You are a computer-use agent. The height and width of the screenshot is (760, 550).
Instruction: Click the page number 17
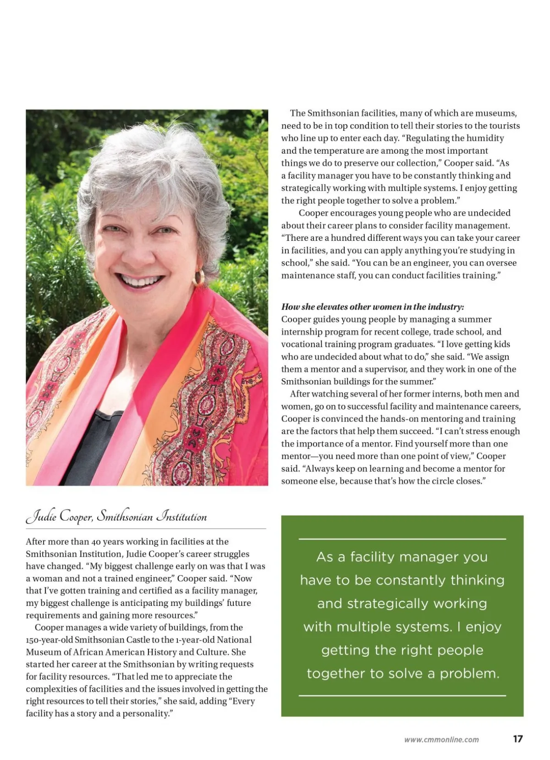[x=517, y=739]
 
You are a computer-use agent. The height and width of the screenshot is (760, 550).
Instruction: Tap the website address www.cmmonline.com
[x=441, y=739]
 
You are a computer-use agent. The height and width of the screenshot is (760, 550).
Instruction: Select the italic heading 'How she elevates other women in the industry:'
[x=373, y=307]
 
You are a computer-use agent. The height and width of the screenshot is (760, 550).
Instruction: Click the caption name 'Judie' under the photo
[x=42, y=517]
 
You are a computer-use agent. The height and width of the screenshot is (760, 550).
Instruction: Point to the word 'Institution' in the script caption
[x=181, y=517]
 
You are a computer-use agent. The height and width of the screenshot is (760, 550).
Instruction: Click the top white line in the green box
[x=402, y=539]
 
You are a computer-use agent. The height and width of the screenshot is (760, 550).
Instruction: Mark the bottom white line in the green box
[x=402, y=696]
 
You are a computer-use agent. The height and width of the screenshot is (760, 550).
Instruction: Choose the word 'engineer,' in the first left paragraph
[x=154, y=578]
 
